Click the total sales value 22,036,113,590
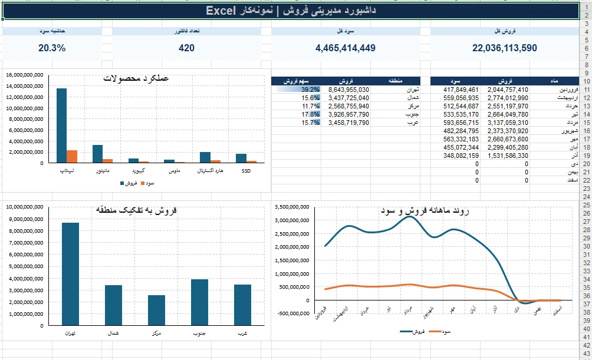tap(504, 48)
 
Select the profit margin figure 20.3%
tap(52, 48)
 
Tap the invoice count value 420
tap(186, 48)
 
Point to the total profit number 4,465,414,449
tap(346, 48)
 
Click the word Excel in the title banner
tap(221, 11)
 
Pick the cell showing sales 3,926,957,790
tap(348, 114)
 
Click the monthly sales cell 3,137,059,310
tap(508, 123)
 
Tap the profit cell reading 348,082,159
tap(461, 156)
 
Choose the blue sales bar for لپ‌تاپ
tap(61, 125)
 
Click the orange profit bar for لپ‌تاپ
tap(72, 157)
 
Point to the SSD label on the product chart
tap(246, 171)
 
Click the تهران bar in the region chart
tap(71, 274)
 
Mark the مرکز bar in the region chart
tap(156, 310)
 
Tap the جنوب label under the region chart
tap(199, 333)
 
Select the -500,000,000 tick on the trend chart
tap(294, 313)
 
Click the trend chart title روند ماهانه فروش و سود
tap(425, 210)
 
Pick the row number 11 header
tap(586, 90)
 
